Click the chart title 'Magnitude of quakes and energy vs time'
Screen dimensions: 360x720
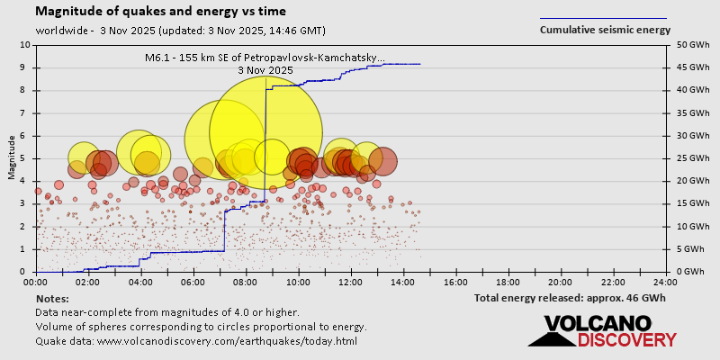pos(161,12)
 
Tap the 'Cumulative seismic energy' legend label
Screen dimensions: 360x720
pos(605,30)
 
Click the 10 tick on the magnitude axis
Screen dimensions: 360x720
pos(24,44)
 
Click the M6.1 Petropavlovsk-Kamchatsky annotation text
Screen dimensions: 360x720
pos(265,58)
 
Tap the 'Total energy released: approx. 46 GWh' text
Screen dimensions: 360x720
pos(570,297)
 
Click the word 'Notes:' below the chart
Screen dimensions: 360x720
pos(53,298)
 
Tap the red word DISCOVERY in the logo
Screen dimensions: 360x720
pos(626,339)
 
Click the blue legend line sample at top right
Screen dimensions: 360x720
pos(603,18)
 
